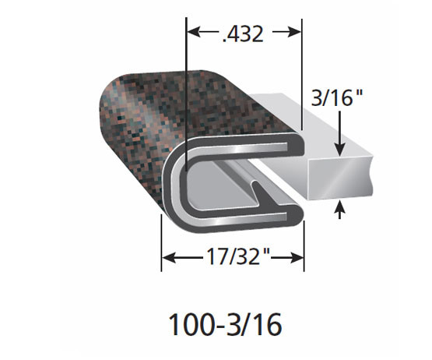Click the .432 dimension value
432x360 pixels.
coord(242,33)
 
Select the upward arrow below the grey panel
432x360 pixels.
coord(340,209)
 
